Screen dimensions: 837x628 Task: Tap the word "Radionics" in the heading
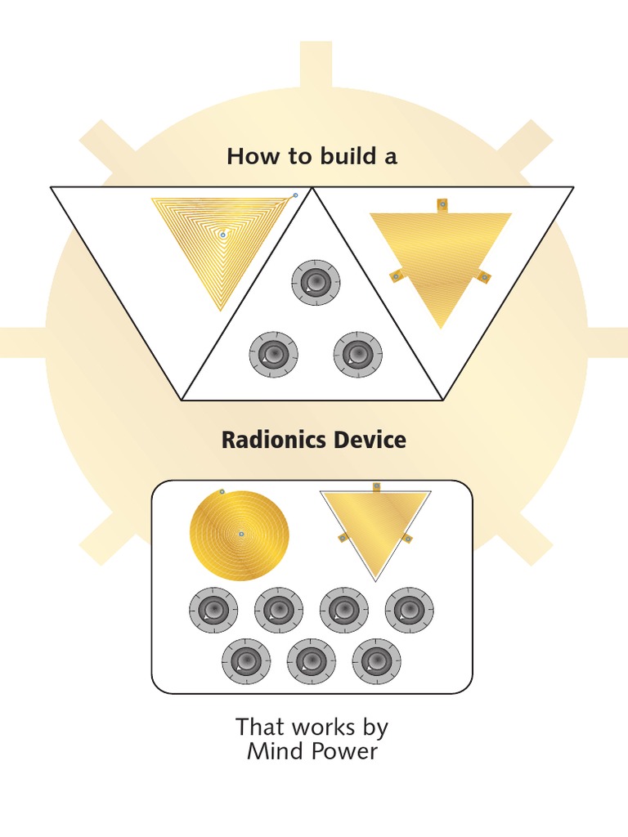(266, 441)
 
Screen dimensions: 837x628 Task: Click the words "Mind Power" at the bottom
(312, 752)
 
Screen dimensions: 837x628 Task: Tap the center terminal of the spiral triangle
(222, 235)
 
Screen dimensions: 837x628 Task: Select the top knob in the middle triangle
(316, 283)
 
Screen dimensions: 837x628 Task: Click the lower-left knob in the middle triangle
(273, 354)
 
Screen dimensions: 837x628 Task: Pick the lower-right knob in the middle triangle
(357, 354)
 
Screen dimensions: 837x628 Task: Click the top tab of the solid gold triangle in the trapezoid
(442, 204)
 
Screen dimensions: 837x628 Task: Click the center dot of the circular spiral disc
(241, 535)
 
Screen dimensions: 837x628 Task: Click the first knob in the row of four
(213, 610)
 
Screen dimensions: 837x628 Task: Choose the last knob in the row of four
(410, 610)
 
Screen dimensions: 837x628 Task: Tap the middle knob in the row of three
(312, 661)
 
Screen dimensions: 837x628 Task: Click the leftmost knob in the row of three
(246, 661)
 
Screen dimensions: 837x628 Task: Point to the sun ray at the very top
(315, 63)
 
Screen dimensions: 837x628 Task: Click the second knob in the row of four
(279, 610)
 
